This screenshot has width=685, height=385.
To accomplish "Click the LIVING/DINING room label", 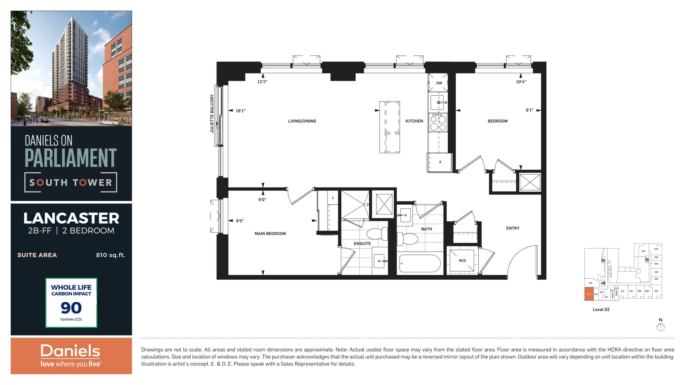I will (x=302, y=121).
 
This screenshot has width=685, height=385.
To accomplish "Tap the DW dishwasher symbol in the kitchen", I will (x=439, y=83).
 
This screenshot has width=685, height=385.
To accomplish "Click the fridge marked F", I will (x=440, y=162).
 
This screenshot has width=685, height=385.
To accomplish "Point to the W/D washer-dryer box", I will (x=462, y=260).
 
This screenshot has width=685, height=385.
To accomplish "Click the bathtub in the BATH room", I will (x=420, y=264).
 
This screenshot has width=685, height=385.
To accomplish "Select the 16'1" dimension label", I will (x=240, y=111).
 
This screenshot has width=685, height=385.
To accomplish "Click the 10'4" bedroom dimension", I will (x=521, y=82).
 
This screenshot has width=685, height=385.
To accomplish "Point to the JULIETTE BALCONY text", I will (x=212, y=113).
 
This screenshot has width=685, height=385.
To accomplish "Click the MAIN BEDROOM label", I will (x=270, y=234).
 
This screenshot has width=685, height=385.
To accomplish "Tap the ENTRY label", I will (x=512, y=228).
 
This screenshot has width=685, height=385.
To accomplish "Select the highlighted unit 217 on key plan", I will (x=589, y=294).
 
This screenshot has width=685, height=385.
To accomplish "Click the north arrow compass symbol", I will (x=660, y=327).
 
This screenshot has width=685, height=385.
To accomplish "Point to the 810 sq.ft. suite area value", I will (x=111, y=255).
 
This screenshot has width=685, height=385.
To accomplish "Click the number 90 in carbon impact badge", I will (x=71, y=308).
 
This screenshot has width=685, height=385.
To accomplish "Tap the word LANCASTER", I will (x=71, y=218).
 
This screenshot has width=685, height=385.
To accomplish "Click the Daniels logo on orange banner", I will (x=70, y=351).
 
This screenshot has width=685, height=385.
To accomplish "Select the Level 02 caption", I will (x=601, y=309).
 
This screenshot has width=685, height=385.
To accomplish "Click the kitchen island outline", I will (x=390, y=127).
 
